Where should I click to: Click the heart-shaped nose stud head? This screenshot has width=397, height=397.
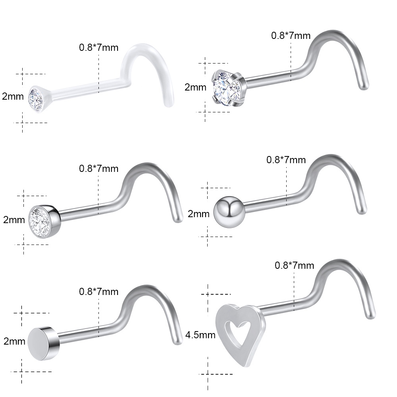click(241, 334)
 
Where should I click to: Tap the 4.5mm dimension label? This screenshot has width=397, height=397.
click(200, 335)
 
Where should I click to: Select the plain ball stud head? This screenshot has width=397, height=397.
click(229, 212)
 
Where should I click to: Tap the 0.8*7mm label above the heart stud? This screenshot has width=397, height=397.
click(294, 265)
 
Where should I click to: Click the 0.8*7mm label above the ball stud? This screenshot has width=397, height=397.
click(286, 160)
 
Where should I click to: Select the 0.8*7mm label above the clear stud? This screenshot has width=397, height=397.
click(99, 48)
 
